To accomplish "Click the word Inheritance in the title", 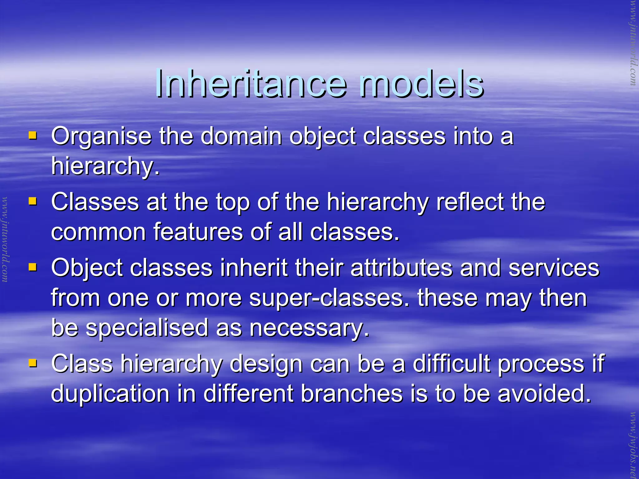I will (x=251, y=83).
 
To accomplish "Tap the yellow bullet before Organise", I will (x=32, y=136).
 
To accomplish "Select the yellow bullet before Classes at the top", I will (x=32, y=201).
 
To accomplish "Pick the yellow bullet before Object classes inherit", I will (x=32, y=267).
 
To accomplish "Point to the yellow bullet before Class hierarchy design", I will (x=32, y=363).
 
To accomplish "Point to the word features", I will (x=198, y=232).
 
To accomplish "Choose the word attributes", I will (x=401, y=268).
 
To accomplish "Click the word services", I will (x=554, y=268).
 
